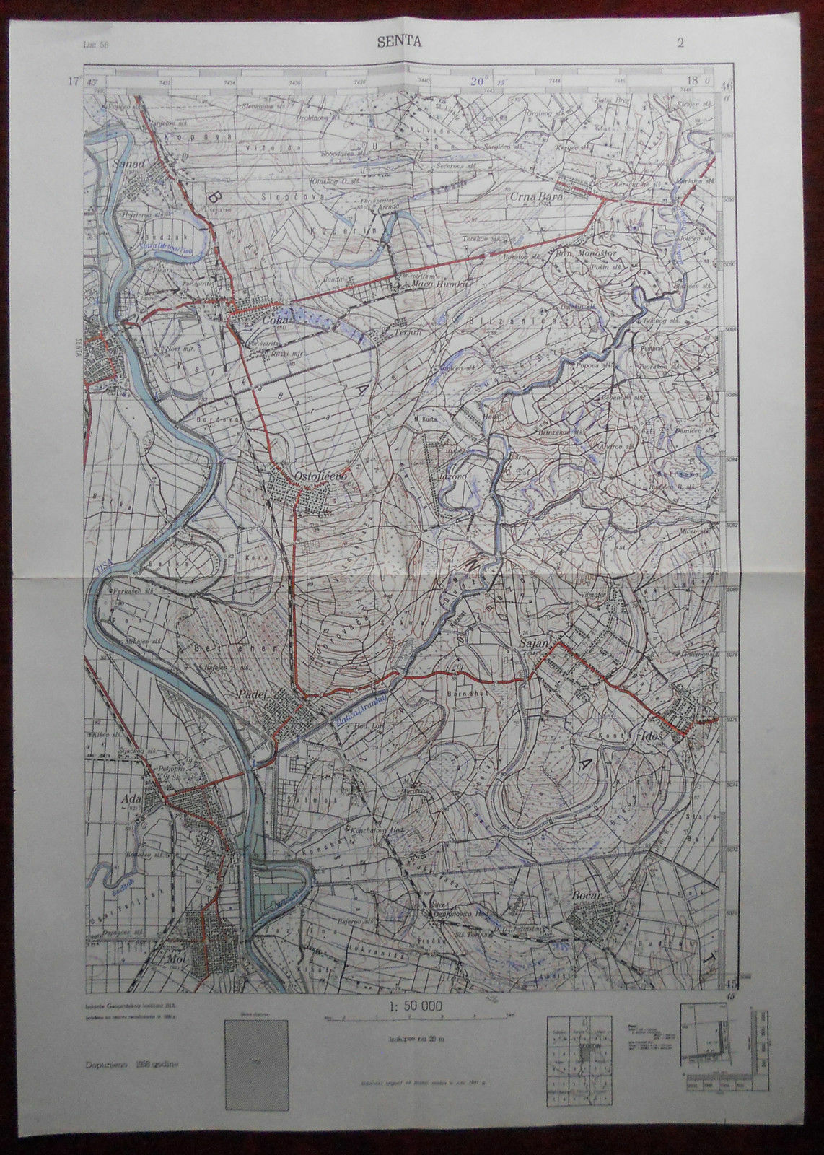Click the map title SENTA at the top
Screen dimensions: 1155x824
(x=399, y=42)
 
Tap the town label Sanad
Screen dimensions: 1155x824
(x=130, y=164)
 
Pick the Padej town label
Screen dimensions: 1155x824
(x=253, y=694)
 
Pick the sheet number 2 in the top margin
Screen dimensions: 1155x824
(x=680, y=42)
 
